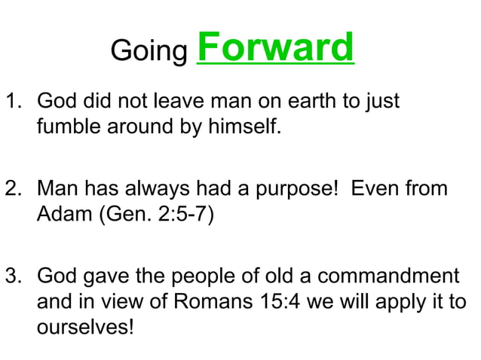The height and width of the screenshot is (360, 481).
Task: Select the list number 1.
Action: [13, 102]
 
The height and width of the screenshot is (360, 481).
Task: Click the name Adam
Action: [60, 215]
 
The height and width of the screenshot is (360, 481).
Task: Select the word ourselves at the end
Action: [83, 329]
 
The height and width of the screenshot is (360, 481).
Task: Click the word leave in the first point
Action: [178, 102]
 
